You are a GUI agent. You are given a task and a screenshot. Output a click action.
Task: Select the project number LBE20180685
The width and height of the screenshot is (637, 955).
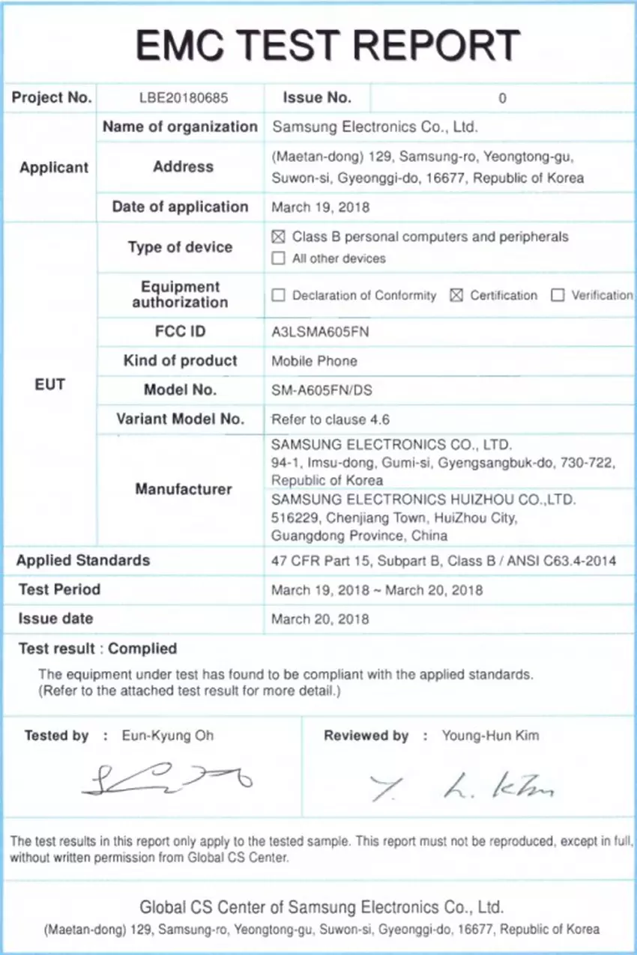click(184, 97)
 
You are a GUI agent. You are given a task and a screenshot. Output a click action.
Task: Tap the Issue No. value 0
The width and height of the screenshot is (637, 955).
click(502, 98)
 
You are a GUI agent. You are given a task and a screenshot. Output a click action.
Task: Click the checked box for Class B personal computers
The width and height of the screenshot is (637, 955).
click(279, 237)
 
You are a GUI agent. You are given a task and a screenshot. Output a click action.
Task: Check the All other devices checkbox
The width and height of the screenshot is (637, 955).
click(279, 259)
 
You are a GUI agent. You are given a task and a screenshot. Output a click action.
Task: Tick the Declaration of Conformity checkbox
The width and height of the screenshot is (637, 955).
click(279, 296)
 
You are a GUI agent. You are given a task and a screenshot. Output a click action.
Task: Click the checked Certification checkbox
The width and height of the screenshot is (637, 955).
click(456, 296)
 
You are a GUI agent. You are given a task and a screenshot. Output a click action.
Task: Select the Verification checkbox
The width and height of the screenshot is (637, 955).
click(558, 296)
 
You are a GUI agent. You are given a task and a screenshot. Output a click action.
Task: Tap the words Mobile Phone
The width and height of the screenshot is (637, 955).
click(314, 361)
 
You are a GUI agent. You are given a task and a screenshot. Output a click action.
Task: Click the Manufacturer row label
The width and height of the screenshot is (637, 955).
click(184, 489)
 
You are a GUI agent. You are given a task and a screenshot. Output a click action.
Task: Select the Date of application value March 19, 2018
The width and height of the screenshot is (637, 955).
click(320, 207)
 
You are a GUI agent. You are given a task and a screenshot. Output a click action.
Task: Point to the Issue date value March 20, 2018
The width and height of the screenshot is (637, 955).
click(320, 619)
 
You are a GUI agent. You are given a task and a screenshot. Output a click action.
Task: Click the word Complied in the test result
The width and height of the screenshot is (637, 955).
click(142, 649)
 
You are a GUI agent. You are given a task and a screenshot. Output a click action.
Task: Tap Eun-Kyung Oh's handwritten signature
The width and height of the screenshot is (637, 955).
click(167, 780)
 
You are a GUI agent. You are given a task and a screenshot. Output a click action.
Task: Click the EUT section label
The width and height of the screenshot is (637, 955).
click(50, 384)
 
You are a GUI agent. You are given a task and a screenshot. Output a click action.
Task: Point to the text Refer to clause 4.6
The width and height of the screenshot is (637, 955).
click(330, 419)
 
